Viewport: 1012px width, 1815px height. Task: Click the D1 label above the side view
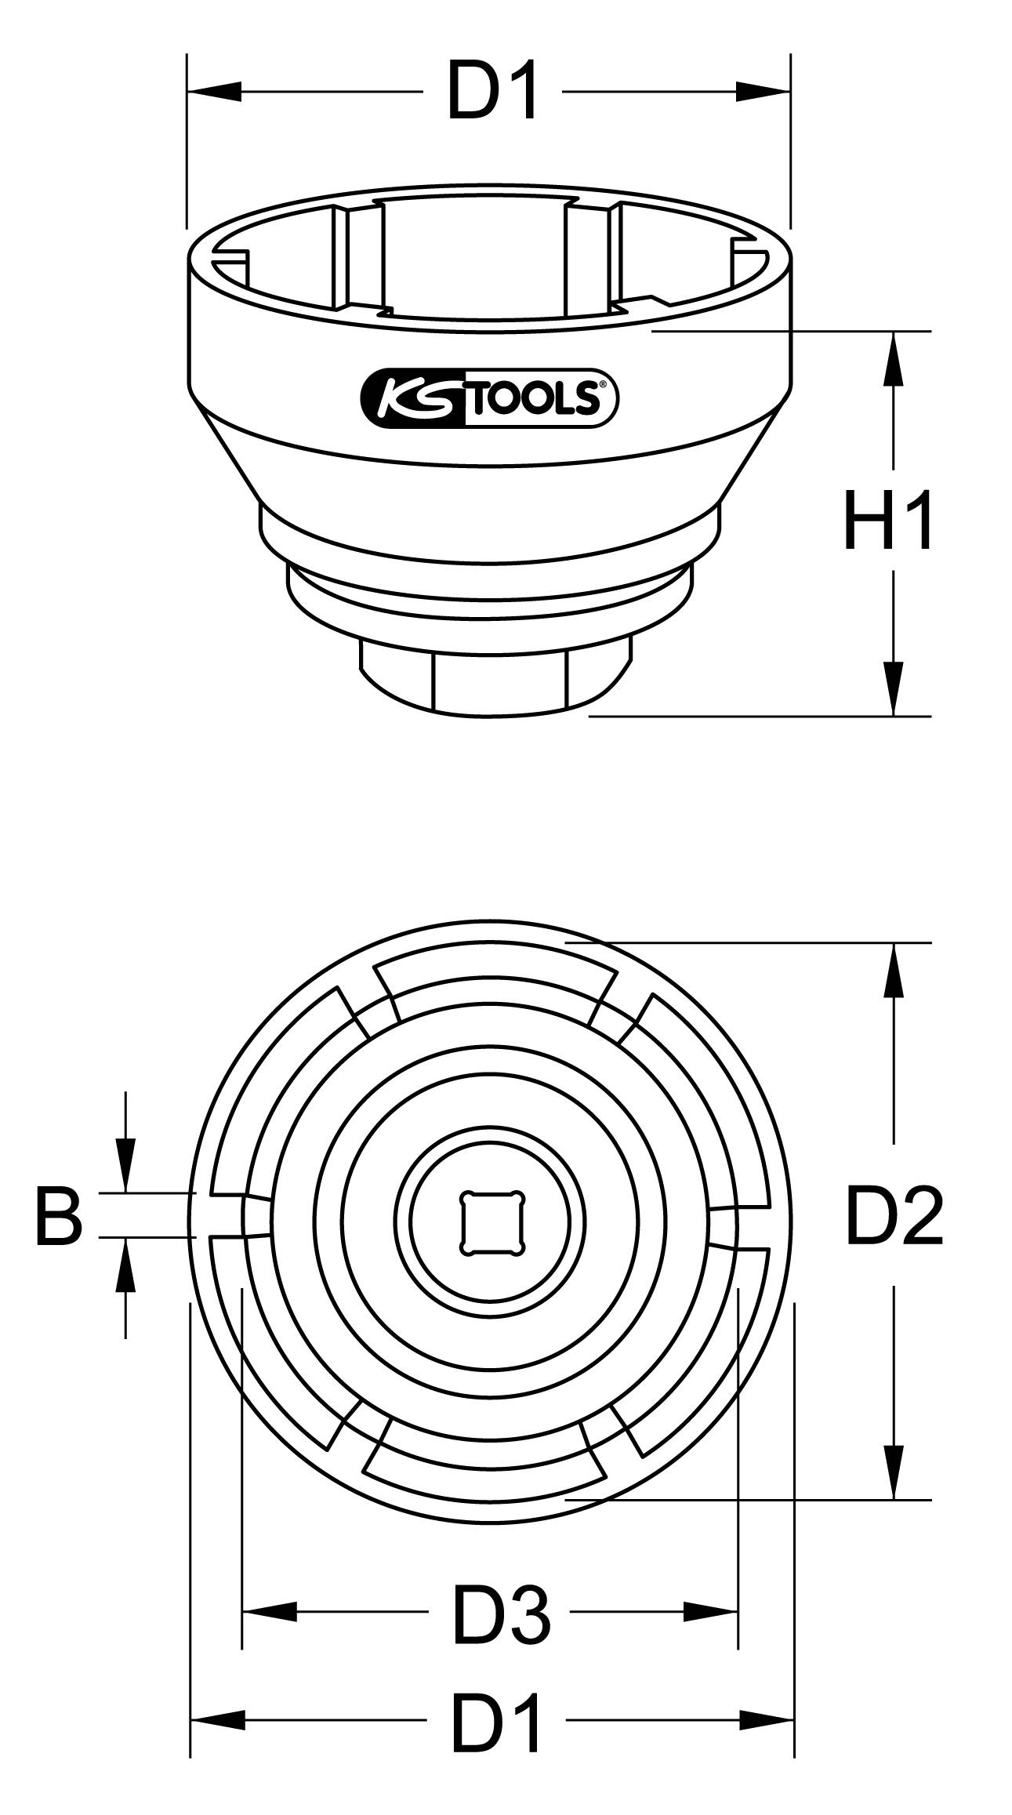(x=493, y=93)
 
